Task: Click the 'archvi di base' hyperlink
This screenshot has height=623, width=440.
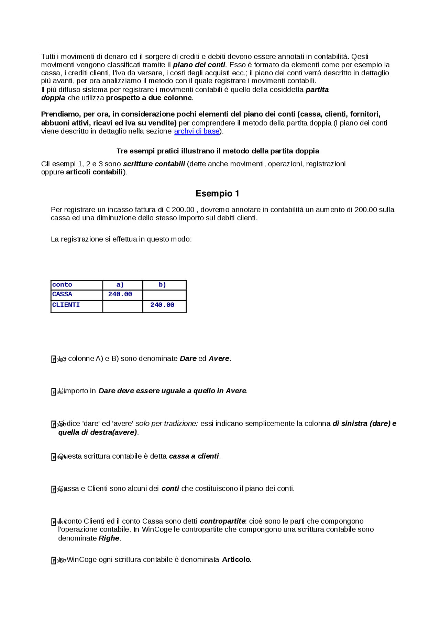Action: point(197,131)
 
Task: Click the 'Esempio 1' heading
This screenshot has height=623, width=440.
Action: point(217,194)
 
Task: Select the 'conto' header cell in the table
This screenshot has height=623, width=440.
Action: point(62,285)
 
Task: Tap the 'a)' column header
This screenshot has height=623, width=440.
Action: point(120,285)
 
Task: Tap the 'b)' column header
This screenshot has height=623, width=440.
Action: point(162,285)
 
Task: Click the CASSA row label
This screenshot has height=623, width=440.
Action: point(62,294)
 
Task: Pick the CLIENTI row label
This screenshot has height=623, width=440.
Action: point(66,305)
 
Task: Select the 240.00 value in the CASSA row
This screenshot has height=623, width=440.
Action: point(120,294)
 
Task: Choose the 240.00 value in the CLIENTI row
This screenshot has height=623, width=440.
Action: point(162,305)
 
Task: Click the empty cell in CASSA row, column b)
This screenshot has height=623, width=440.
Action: point(164,295)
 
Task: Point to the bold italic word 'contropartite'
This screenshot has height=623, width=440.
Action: point(222,521)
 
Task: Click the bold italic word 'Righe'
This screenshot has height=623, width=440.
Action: point(109,538)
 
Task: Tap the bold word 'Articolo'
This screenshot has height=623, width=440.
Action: point(236,560)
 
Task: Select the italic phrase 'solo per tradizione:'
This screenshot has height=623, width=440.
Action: point(167,424)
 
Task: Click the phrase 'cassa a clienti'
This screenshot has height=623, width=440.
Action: point(194,456)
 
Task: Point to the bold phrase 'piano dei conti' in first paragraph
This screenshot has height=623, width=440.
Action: point(199,65)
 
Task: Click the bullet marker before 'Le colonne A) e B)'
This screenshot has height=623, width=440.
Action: point(54,359)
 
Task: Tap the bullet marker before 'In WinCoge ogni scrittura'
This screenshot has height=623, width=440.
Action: point(54,561)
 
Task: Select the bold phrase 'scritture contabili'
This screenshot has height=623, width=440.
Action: point(154,164)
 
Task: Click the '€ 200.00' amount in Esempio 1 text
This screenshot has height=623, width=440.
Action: point(180,210)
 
